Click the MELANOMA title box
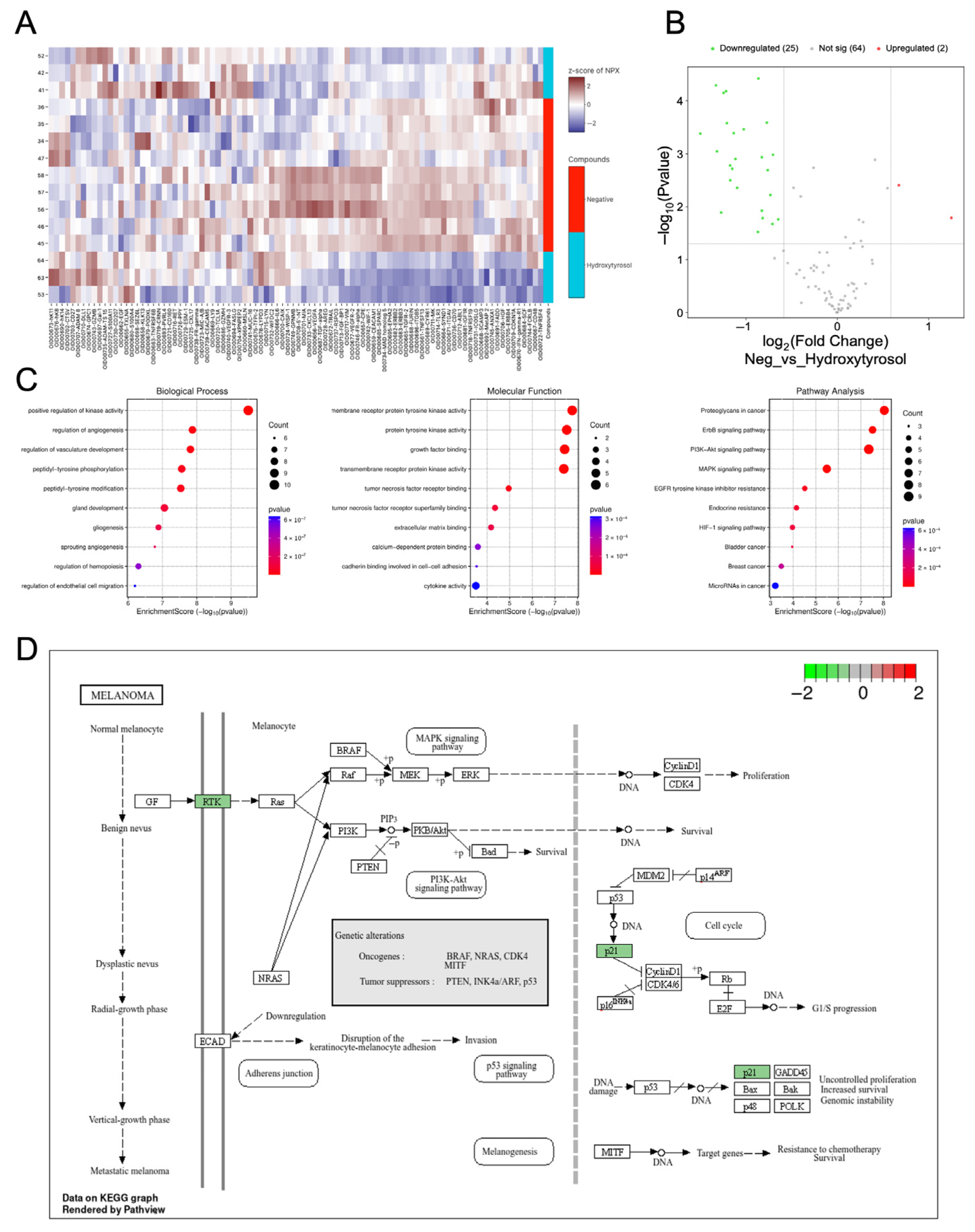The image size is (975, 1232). pos(121,695)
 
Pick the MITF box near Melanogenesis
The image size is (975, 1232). pos(612,1152)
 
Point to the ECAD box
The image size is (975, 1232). pos(212,1041)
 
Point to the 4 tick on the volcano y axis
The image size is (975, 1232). pos(679,101)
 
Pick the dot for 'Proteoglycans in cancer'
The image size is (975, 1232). pos(884,410)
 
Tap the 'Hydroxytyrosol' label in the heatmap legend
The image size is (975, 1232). pos(609,265)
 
